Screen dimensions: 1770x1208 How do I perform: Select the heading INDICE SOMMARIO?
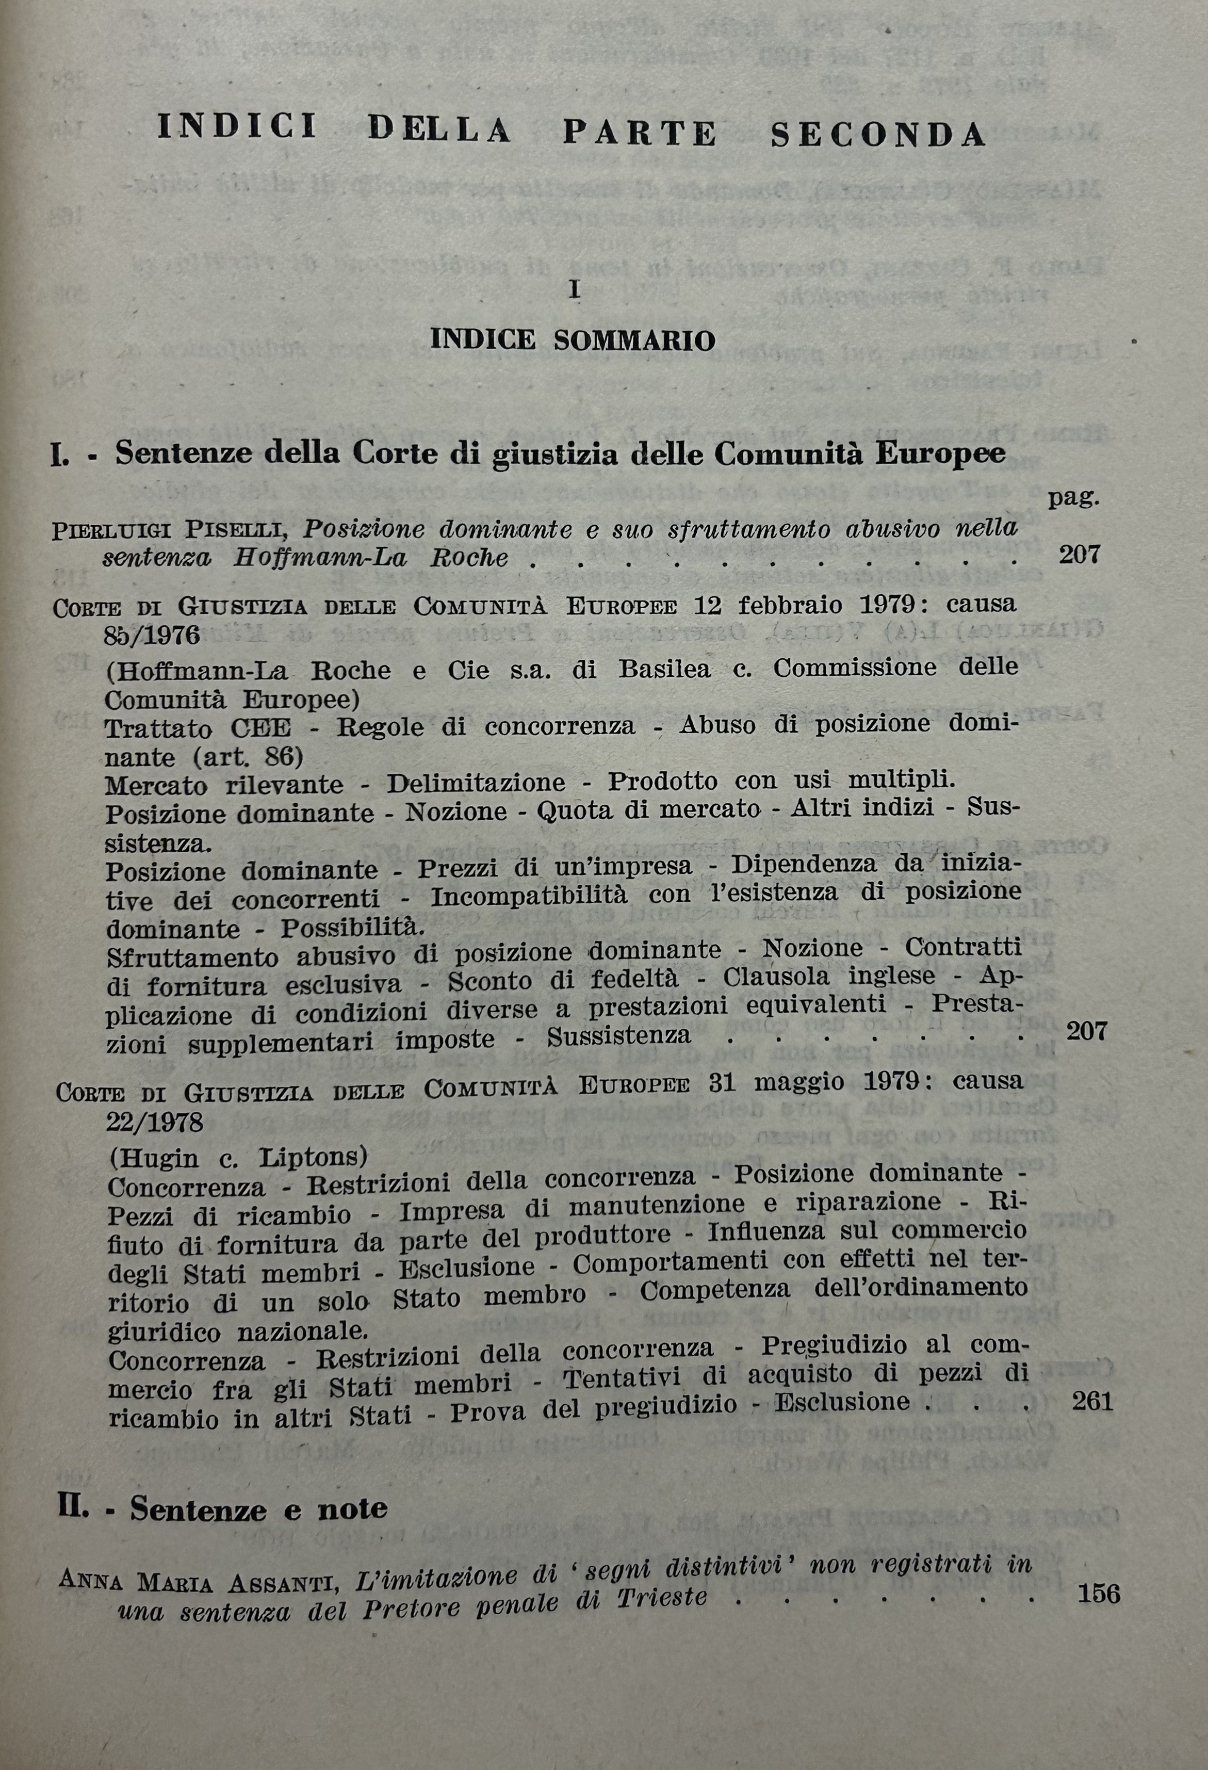[x=573, y=339]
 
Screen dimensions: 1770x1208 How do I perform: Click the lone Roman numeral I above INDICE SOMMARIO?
[x=575, y=290]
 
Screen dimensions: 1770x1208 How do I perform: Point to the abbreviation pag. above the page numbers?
[x=1073, y=499]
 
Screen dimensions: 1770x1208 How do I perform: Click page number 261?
[x=1092, y=1401]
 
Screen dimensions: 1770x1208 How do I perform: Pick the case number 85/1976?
[x=152, y=635]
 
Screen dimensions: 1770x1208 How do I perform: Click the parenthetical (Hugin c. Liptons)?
[x=238, y=1158]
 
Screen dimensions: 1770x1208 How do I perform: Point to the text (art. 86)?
[x=248, y=757]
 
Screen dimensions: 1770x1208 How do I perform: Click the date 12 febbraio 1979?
[x=804, y=606]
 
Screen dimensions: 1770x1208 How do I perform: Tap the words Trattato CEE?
[x=198, y=729]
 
